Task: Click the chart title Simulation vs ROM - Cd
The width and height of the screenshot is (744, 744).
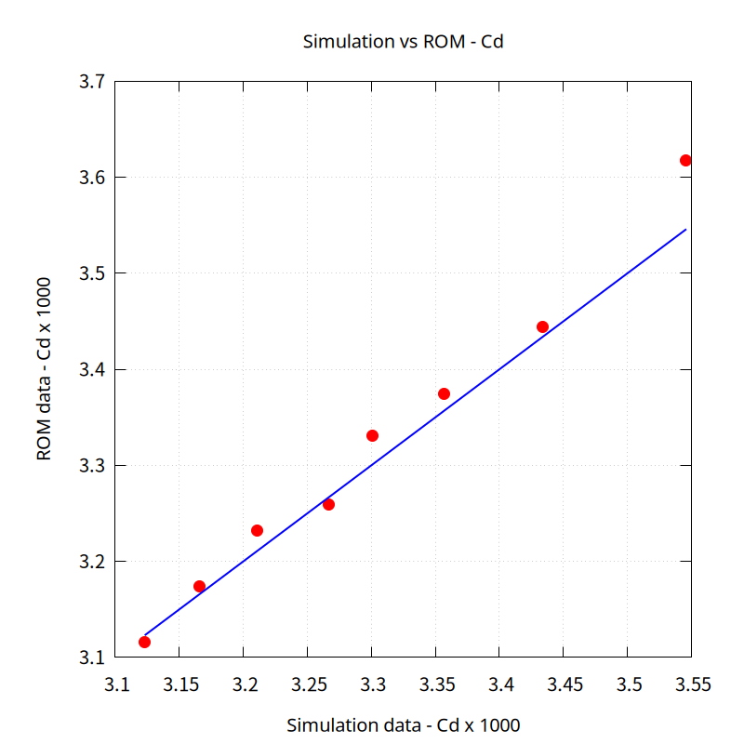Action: [x=403, y=42]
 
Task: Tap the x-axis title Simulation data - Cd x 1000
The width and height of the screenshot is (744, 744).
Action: [x=403, y=724]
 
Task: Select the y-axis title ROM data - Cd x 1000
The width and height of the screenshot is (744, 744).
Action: [x=44, y=369]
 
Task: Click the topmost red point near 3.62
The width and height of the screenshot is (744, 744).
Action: [x=685, y=160]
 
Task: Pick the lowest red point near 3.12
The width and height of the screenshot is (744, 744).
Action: [x=144, y=642]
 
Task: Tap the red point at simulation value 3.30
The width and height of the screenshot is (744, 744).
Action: [x=372, y=435]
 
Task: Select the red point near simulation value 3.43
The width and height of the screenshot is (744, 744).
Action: [x=542, y=326]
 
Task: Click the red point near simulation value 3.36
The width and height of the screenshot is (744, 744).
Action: [x=444, y=393]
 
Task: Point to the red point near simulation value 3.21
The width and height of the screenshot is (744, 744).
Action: [x=257, y=530]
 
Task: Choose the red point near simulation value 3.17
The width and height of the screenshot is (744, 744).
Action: [x=199, y=586]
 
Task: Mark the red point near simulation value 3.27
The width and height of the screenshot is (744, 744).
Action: [x=328, y=504]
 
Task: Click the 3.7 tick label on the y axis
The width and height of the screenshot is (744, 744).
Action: [x=90, y=82]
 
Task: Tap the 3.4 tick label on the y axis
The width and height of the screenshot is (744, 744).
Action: [x=90, y=370]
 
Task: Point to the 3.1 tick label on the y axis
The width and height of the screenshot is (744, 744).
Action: [x=90, y=658]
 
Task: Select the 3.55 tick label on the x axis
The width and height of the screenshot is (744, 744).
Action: [x=693, y=685]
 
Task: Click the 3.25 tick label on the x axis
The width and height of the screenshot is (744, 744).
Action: [x=308, y=685]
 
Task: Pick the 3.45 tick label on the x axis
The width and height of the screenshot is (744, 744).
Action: [x=565, y=685]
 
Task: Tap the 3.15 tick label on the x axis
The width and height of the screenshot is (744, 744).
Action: [x=179, y=685]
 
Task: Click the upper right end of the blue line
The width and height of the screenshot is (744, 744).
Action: [x=685, y=229]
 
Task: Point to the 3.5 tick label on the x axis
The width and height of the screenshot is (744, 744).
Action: [x=629, y=685]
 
